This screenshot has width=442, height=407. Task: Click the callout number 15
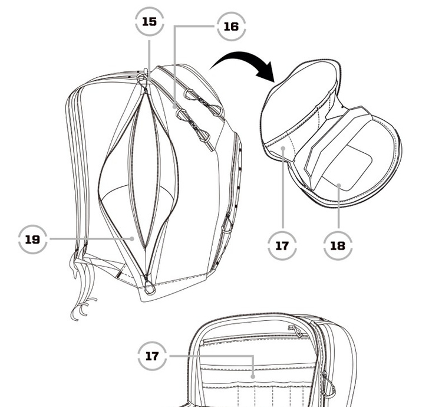coord(150,22)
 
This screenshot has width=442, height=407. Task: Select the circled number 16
coord(231,27)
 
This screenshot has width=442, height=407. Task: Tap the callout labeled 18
coord(338,246)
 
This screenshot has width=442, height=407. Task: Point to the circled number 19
coord(32,239)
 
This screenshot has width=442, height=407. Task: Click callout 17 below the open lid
coord(282,246)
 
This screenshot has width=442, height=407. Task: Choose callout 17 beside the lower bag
coord(152,356)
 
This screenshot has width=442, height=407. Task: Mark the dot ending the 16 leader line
coord(175,107)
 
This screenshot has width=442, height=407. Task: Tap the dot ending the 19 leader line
coord(132,239)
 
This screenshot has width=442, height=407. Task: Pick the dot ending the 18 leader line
coord(338,185)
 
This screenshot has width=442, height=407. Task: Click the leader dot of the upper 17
coord(283,148)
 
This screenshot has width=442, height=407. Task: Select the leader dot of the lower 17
coord(253,376)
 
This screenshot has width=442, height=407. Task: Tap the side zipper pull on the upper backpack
coord(227,224)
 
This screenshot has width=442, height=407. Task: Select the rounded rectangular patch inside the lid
coord(347,168)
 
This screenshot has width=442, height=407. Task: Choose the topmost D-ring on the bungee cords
coord(189,94)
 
